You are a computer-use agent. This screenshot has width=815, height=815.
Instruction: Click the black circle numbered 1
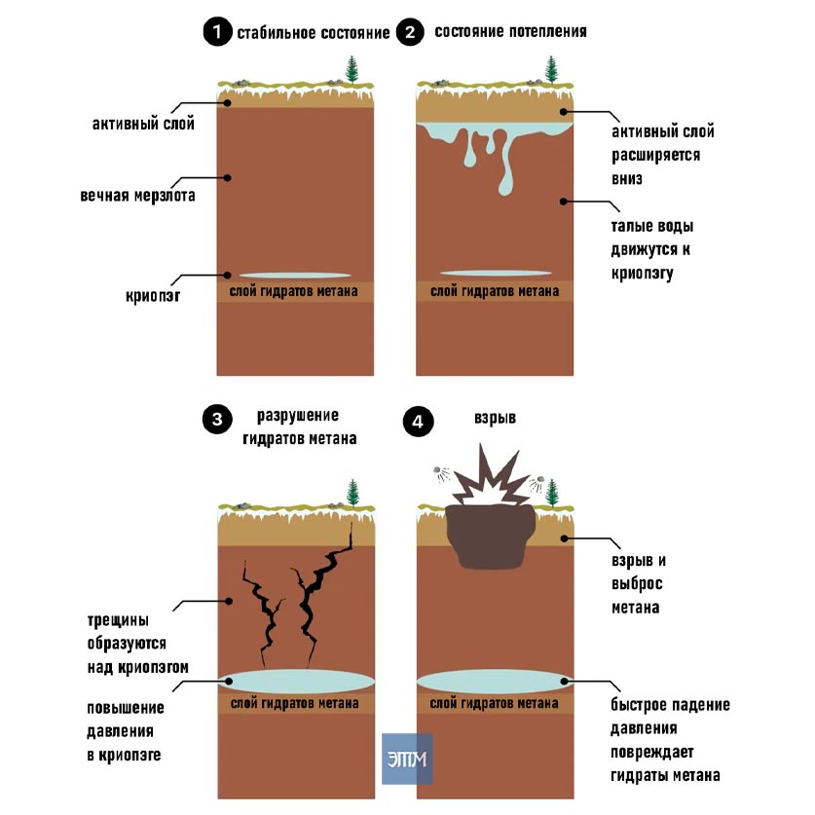tap(217, 32)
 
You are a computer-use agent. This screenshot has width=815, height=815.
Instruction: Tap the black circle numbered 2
tap(410, 32)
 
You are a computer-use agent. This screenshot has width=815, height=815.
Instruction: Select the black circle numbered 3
tap(217, 419)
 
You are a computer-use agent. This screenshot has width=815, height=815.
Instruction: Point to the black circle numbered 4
tap(418, 421)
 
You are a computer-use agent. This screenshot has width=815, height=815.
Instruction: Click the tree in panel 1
tap(352, 69)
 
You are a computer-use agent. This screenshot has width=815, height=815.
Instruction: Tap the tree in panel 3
tap(352, 493)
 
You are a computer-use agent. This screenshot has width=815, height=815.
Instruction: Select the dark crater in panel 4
tap(490, 537)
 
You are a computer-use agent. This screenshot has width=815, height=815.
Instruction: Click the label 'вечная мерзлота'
tap(137, 196)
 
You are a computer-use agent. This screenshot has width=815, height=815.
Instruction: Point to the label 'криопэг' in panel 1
tap(153, 296)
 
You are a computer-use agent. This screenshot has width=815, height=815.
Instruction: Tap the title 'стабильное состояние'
tap(314, 33)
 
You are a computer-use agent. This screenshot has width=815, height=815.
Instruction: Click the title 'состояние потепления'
tap(510, 31)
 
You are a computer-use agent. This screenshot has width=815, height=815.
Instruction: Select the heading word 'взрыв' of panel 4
tap(495, 418)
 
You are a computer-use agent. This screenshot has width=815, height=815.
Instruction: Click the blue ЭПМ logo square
tap(407, 759)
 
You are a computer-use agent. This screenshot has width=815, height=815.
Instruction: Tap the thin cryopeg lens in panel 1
tap(295, 276)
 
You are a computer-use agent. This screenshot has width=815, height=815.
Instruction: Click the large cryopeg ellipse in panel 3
tap(296, 682)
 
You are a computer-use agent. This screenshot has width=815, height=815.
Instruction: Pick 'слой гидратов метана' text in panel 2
tap(495, 291)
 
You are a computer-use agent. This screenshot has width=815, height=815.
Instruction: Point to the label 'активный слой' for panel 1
tap(143, 124)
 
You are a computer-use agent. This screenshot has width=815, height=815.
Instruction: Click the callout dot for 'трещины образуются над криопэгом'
tap(228, 601)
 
